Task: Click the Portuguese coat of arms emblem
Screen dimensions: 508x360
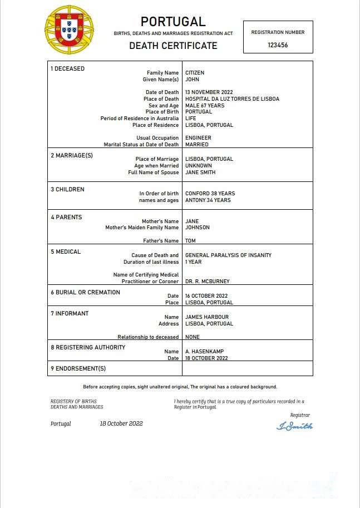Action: [69, 29]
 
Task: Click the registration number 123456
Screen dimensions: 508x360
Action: [278, 45]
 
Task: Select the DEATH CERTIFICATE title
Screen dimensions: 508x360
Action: [173, 46]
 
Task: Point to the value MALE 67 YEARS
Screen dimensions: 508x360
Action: [205, 106]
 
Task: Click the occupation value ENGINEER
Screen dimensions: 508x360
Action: [198, 138]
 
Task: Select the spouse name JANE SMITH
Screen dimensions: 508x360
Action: [200, 172]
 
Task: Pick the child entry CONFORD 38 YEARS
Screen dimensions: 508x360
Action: [210, 194]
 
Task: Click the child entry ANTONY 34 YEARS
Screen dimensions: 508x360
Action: [208, 200]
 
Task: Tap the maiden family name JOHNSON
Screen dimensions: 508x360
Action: [198, 228]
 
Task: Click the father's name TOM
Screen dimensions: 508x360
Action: [190, 241]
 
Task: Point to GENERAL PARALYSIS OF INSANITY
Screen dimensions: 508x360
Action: [228, 255]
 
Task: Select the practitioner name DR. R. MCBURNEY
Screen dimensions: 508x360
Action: [207, 282]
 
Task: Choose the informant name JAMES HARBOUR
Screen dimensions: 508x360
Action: [206, 317]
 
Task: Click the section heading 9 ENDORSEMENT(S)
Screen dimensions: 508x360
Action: [78, 368]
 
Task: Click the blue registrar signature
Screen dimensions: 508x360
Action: [294, 426]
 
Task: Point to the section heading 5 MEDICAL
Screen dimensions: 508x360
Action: [66, 251]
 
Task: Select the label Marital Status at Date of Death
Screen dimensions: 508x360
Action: [141, 145]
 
